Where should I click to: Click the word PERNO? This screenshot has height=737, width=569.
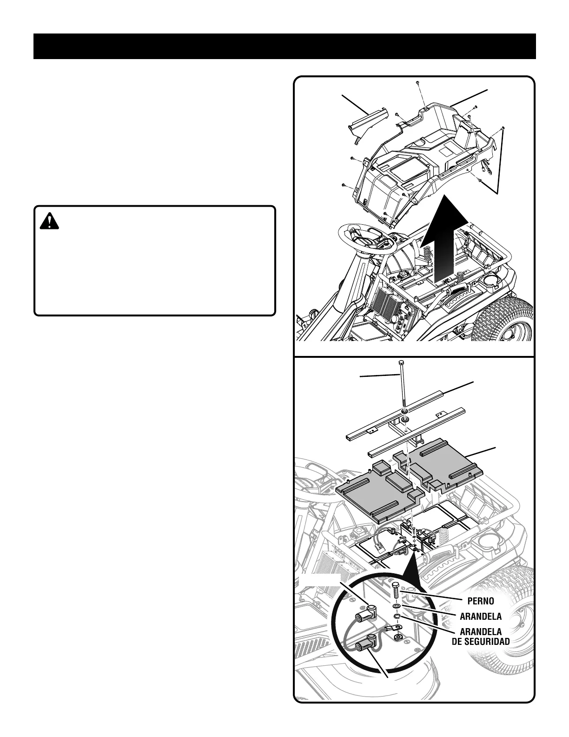[480, 601]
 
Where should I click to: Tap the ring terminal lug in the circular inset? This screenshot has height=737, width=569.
[398, 635]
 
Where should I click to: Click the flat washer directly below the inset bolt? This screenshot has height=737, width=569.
[396, 607]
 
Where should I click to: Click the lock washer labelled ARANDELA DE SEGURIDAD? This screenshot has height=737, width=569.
[397, 616]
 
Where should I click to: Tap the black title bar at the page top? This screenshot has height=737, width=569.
[284, 46]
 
